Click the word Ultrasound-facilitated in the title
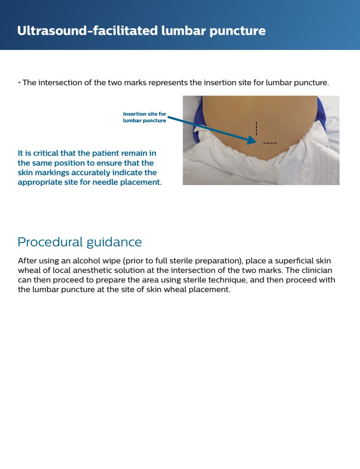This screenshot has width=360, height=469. [87, 31]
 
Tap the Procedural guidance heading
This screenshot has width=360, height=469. [80, 242]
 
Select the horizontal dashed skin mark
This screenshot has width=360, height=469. [270, 143]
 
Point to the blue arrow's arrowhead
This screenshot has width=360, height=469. [251, 140]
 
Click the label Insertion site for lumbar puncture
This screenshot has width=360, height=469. [144, 117]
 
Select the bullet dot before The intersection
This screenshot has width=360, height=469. [19, 83]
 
